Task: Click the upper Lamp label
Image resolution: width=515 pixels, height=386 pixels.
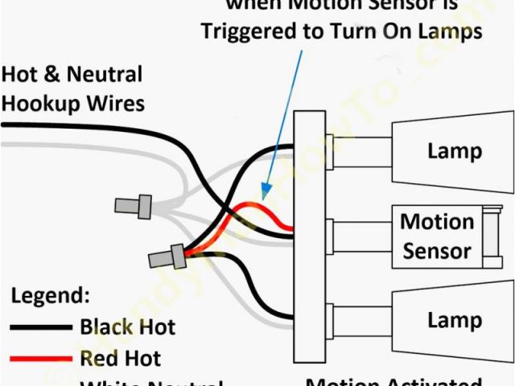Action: [455, 150]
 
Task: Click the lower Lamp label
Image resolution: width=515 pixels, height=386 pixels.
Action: [455, 320]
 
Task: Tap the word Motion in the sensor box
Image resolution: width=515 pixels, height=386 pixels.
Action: [437, 222]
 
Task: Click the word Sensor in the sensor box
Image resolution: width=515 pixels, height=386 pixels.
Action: [437, 250]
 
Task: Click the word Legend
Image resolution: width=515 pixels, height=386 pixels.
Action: [50, 295]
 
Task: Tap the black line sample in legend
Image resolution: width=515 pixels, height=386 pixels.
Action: [40, 328]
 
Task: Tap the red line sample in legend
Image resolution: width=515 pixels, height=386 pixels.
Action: [40, 359]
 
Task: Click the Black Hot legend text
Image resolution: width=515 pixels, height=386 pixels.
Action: [127, 327]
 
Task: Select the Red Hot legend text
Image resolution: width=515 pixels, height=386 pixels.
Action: [121, 358]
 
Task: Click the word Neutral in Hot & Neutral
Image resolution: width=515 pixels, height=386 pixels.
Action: [105, 76]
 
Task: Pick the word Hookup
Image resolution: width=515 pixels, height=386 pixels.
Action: [39, 103]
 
